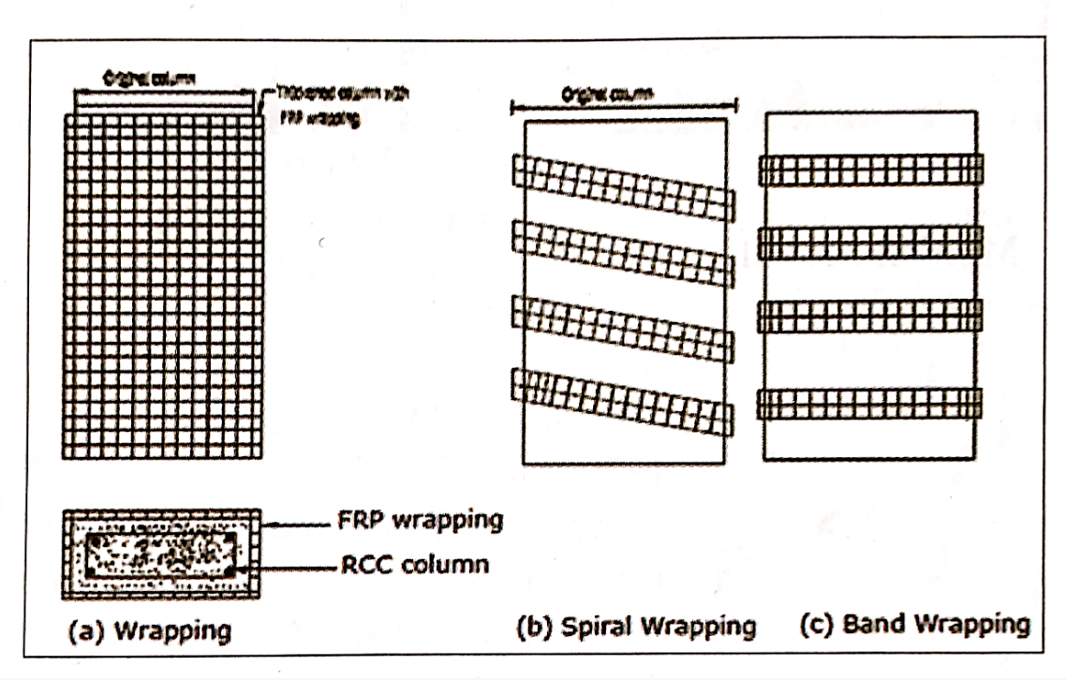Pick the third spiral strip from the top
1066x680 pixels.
pyautogui.click(x=624, y=326)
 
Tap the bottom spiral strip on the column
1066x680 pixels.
pyautogui.click(x=624, y=401)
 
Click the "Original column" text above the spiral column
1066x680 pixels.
pyautogui.click(x=608, y=94)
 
